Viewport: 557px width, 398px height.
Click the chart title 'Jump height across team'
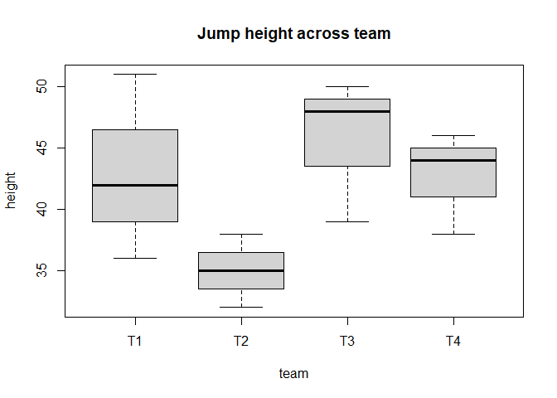[x=293, y=34]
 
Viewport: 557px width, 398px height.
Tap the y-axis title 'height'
[x=12, y=191]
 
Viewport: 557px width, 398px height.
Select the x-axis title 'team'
[x=293, y=374]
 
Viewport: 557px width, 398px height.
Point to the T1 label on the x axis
[x=135, y=341]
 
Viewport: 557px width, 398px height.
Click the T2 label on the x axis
[x=241, y=341]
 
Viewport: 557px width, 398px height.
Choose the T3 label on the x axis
[x=347, y=341]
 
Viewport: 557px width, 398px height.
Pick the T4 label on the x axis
[x=453, y=341]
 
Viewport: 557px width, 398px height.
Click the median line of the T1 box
[x=135, y=185]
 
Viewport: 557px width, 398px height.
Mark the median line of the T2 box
[x=241, y=270]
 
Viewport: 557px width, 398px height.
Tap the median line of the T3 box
[x=347, y=111]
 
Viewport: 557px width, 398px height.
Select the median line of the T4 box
[x=453, y=160]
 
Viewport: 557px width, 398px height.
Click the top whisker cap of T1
[x=135, y=74]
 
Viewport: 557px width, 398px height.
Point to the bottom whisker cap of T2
[x=241, y=308]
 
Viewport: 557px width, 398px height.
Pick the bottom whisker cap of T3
[x=347, y=221]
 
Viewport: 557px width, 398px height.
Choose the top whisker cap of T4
[x=453, y=135]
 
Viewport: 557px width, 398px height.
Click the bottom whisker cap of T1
[x=135, y=258]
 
